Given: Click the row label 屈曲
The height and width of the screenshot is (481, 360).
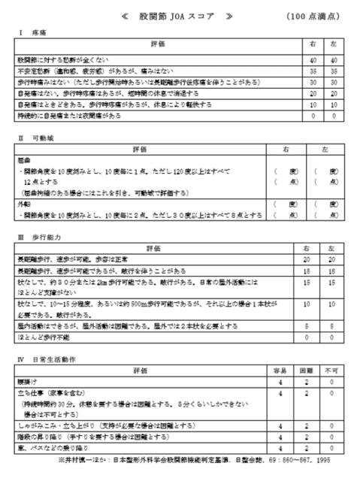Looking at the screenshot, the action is (x=24, y=160).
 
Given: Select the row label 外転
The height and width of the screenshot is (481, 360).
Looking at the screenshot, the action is (x=24, y=204).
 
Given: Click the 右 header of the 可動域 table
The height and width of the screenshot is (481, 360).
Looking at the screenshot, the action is (x=285, y=150).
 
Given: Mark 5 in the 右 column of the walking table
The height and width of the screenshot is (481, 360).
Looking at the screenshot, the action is (x=307, y=327).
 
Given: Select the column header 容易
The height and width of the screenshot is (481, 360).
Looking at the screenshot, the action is (x=279, y=371).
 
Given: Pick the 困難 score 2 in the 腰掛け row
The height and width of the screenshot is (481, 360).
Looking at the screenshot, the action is (x=307, y=381).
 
